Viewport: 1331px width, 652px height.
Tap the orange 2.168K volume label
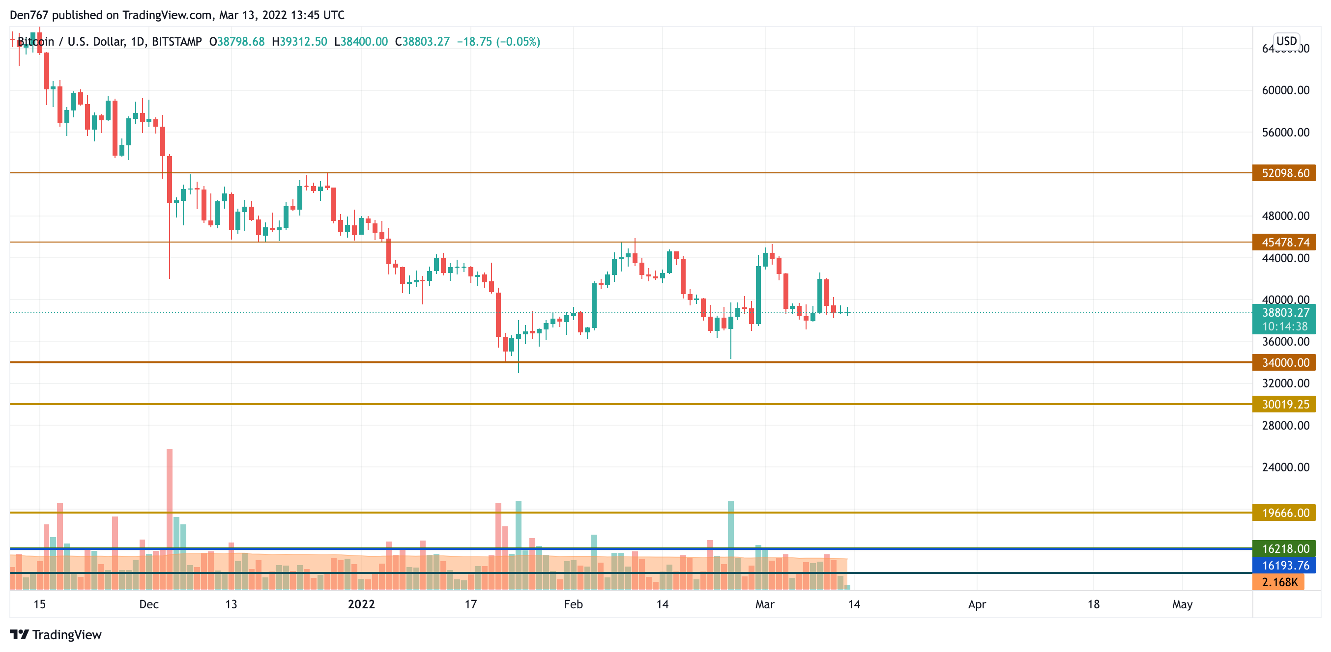[x=1278, y=582]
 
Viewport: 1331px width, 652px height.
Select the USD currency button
[x=1286, y=41]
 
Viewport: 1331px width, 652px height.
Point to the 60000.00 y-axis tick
[x=1285, y=90]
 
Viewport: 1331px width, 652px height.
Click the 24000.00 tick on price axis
[x=1285, y=467]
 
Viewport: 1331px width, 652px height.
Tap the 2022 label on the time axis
[x=361, y=604]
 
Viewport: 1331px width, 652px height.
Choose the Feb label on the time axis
[x=573, y=604]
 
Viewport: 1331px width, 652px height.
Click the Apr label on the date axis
[x=977, y=604]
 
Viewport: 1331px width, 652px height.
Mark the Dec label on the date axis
[x=149, y=604]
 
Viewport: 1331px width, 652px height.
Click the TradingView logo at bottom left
[x=56, y=634]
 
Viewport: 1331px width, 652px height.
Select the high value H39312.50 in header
[x=299, y=42]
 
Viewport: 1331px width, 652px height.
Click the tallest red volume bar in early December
[x=170, y=516]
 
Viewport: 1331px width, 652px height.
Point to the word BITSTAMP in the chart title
[x=177, y=42]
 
